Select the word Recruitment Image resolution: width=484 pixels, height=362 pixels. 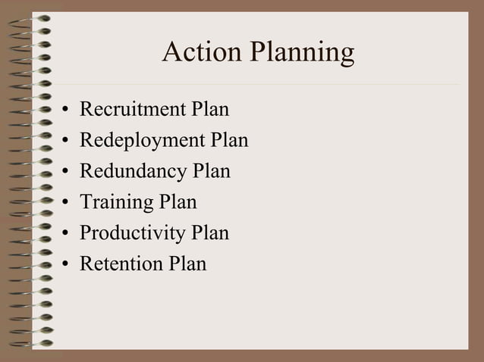pos(133,110)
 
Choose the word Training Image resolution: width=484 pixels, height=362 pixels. pos(116,203)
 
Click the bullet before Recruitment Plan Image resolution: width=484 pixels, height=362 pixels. pos(67,111)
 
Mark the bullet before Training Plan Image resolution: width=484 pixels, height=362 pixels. pos(67,203)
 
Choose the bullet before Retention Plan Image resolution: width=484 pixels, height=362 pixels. pos(67,264)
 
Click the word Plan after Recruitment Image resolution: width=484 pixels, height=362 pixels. pos(210,110)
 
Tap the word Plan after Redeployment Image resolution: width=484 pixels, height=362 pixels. pos(229,141)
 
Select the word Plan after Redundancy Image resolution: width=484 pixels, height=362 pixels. pos(212,171)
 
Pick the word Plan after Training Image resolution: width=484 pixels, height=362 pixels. pos(178,202)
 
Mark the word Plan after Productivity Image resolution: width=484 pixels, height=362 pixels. pos(210,232)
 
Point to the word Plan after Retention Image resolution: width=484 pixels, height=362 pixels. pos(187,264)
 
